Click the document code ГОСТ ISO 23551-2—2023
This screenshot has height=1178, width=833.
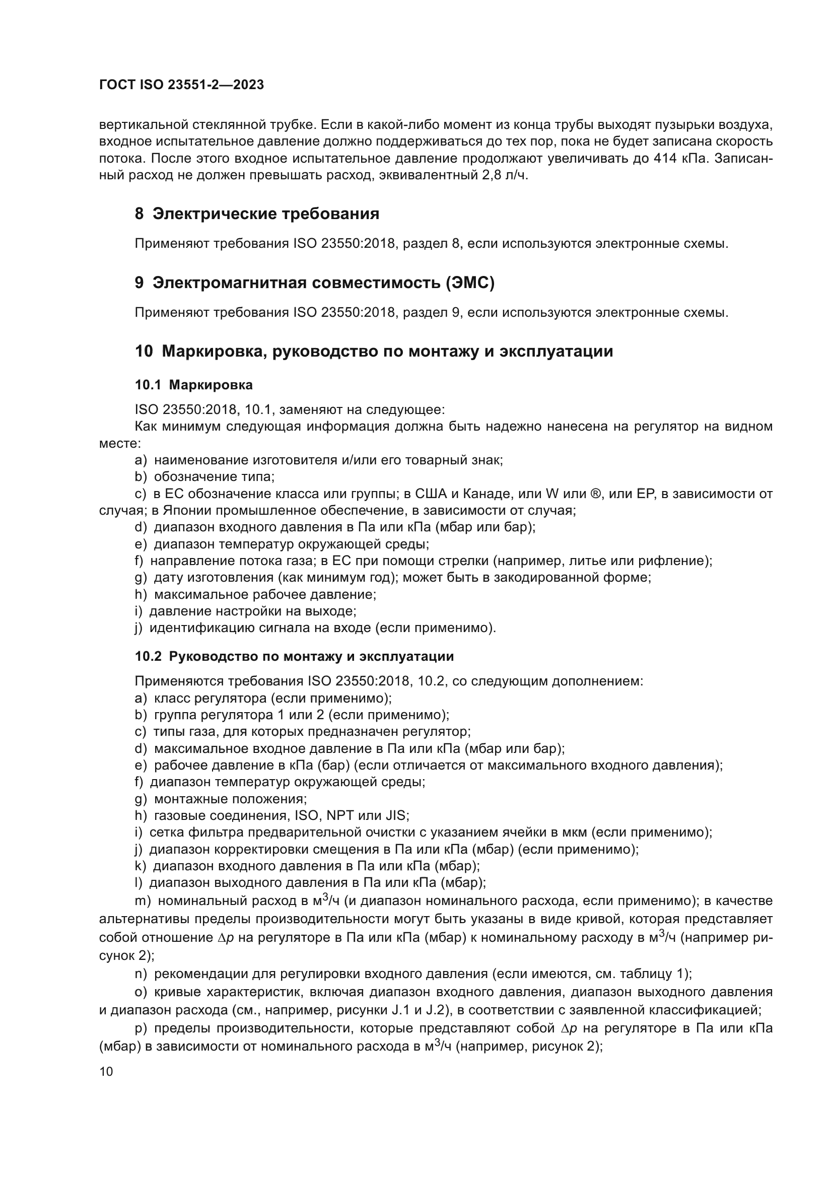[181, 85]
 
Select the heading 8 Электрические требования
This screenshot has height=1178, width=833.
[257, 214]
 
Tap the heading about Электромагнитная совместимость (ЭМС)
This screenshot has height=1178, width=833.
[314, 283]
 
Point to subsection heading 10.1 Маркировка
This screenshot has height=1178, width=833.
[193, 385]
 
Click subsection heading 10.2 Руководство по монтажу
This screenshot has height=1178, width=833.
[294, 657]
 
